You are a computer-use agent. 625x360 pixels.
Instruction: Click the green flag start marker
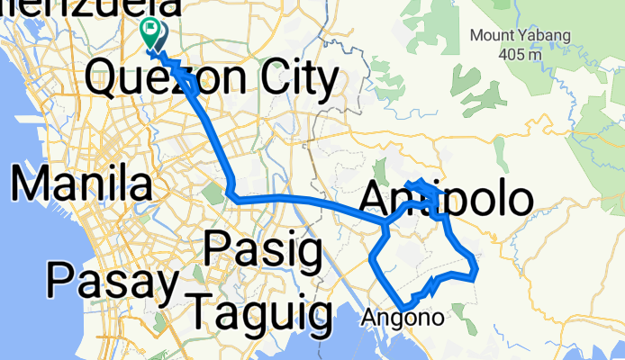(148, 32)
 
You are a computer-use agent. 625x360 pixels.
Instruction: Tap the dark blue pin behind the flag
(159, 35)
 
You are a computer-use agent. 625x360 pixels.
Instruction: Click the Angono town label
(403, 318)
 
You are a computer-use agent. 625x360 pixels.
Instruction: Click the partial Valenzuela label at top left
(89, 8)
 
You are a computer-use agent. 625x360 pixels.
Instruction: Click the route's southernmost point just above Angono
(404, 307)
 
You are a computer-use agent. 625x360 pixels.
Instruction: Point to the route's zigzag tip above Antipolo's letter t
(420, 184)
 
